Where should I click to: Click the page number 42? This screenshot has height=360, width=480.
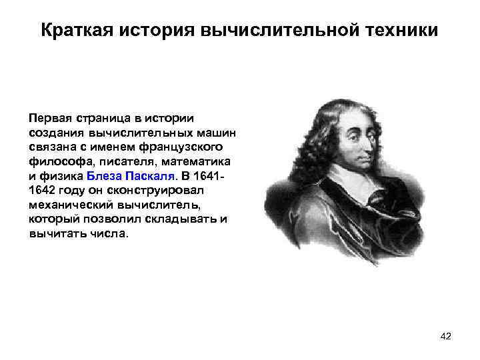click(x=446, y=337)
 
